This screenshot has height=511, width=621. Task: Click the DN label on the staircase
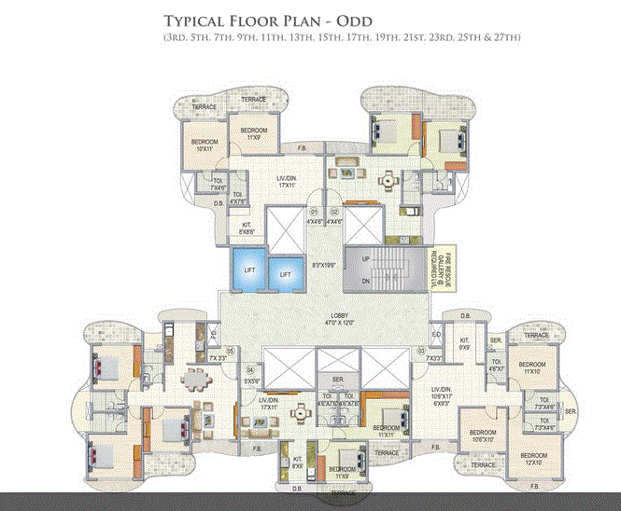(365, 281)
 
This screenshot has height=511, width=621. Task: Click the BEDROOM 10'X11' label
(204, 145)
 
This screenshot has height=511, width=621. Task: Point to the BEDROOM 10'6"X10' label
(483, 437)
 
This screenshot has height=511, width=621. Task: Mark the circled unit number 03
(420, 350)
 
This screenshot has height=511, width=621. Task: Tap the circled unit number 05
(229, 350)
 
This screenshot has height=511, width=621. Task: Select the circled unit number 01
(314, 212)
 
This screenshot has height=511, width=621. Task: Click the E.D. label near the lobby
(436, 336)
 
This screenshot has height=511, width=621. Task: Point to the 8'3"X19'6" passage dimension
(324, 265)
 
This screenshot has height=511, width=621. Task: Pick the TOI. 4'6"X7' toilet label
(496, 366)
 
